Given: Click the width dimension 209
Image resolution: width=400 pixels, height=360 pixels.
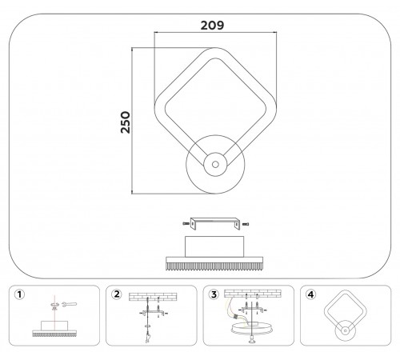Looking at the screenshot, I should [212, 24].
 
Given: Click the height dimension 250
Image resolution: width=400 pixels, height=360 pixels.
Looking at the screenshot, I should [126, 122].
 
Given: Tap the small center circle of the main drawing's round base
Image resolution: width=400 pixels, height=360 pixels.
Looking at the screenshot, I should [214, 165].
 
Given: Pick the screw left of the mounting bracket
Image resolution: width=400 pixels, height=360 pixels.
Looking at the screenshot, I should [185, 222].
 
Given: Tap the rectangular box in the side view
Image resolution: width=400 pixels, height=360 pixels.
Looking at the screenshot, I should [214, 244].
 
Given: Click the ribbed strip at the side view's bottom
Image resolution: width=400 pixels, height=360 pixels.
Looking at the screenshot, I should [214, 262].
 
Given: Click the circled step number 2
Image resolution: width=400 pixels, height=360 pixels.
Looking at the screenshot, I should [117, 294].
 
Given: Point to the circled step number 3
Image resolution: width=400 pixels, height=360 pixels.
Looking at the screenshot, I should [214, 294].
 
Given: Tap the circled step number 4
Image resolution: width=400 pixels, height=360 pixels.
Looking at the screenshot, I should [310, 294].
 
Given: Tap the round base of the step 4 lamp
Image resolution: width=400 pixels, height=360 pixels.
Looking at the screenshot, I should [345, 330].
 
